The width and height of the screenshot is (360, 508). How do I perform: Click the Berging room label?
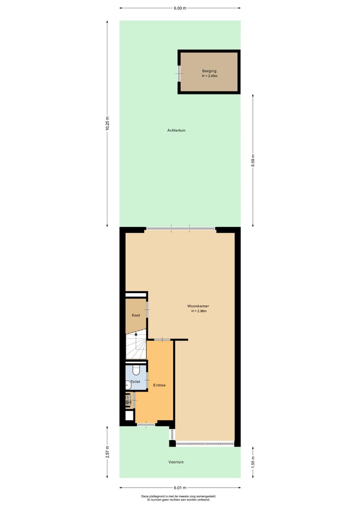click(209, 71)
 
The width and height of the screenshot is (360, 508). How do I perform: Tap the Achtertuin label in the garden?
click(176, 130)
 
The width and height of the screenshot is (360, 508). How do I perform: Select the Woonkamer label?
click(198, 306)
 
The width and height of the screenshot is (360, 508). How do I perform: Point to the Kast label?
click(135, 315)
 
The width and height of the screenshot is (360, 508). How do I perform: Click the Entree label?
click(159, 385)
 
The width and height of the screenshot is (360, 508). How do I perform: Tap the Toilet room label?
click(135, 382)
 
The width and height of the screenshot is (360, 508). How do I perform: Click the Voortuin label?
click(176, 462)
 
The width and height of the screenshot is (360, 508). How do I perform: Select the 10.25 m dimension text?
click(107, 123)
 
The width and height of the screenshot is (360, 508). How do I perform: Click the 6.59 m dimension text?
click(253, 159)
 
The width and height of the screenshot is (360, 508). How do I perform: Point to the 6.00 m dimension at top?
click(180, 8)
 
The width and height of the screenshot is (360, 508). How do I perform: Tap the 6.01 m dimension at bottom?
click(180, 488)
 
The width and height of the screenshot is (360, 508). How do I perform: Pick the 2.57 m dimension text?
click(107, 452)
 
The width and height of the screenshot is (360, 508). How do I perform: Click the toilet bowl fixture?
click(137, 371)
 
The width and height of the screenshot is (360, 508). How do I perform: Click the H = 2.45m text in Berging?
click(209, 76)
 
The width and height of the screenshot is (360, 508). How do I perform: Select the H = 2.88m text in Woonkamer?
click(198, 311)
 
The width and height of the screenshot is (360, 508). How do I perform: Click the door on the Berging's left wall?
click(179, 73)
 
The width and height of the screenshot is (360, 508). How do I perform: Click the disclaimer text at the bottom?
click(179, 498)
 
